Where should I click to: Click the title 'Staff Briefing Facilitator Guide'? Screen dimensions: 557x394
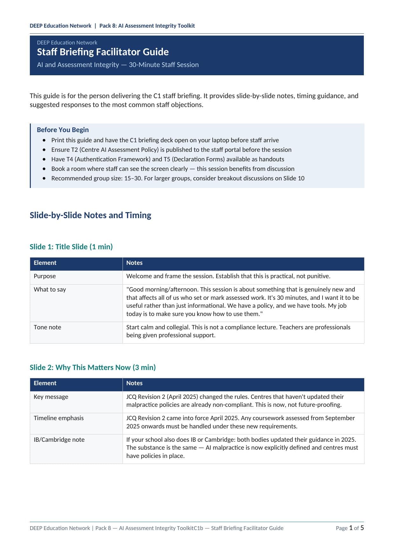[x=103, y=52]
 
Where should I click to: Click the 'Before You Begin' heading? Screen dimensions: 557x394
[x=63, y=130]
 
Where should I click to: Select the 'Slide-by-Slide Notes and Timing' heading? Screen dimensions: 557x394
[x=90, y=215]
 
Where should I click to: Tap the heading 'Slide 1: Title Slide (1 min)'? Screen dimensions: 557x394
[x=71, y=247]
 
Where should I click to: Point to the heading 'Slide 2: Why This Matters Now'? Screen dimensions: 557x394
[x=93, y=367]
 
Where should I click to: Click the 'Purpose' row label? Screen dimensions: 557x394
[x=45, y=276]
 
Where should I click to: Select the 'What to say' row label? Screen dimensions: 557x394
[x=50, y=290]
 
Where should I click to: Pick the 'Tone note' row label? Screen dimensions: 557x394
[x=47, y=327]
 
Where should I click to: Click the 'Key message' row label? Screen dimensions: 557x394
[x=51, y=397]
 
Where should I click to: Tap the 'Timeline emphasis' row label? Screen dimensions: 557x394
[x=59, y=418]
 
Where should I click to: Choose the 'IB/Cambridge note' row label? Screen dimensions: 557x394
[x=59, y=440]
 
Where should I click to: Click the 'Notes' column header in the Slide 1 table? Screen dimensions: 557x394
[x=134, y=263]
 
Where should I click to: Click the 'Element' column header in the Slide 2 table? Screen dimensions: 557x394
[x=45, y=383]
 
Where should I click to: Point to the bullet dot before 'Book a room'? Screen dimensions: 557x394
[x=44, y=169]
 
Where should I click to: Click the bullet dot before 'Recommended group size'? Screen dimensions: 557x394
[x=44, y=178]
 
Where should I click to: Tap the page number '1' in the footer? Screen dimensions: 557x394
[x=351, y=528]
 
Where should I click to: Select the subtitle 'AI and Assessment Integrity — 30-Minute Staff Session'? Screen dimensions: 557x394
[x=118, y=65]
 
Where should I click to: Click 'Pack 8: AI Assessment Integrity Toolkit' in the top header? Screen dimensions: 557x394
[x=147, y=26]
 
